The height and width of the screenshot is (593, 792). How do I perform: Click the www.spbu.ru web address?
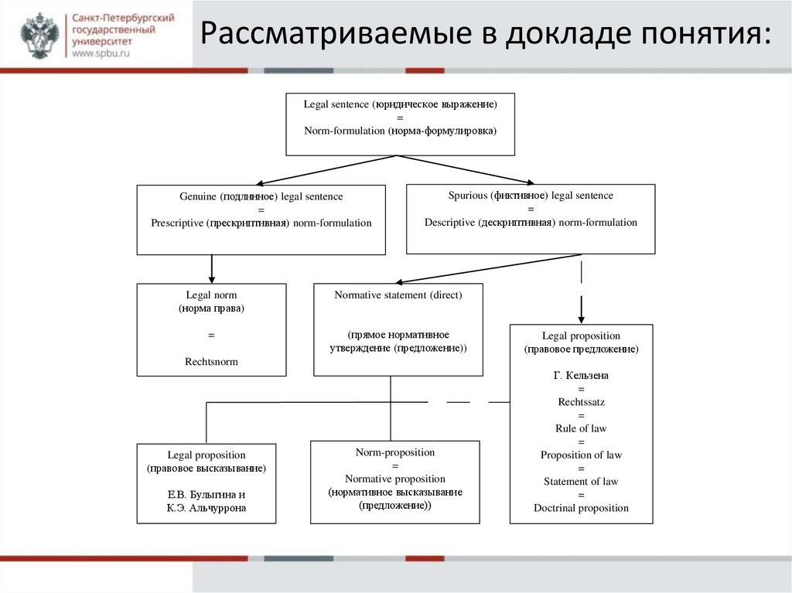tap(103, 55)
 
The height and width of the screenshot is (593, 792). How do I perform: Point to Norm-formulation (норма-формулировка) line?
tap(399, 131)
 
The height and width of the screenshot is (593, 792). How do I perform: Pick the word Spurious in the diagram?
tap(468, 196)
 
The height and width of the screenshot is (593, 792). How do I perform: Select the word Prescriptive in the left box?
tap(177, 223)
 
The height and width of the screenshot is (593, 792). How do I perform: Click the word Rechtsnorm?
tap(211, 361)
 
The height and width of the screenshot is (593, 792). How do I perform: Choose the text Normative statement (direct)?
tap(398, 295)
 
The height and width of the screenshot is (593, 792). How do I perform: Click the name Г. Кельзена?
tap(581, 375)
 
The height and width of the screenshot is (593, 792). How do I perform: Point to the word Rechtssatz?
tap(581, 402)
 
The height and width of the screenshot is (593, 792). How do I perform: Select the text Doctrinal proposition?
tap(581, 508)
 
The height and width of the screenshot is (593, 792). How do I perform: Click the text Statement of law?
tap(581, 482)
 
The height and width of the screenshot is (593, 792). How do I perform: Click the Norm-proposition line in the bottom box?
tap(394, 452)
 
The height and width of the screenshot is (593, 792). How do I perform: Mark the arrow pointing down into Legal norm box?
tap(211, 271)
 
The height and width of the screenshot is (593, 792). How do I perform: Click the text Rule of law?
tap(581, 428)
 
